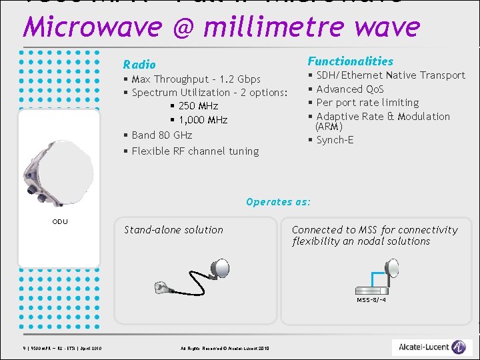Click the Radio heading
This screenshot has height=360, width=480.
(139, 65)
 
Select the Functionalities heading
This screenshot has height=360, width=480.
(350, 61)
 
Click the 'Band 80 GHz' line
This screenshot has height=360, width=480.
(161, 135)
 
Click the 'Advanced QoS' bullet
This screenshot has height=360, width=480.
(350, 89)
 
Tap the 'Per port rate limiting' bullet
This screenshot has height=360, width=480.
(367, 103)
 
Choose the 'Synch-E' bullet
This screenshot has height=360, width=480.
(335, 140)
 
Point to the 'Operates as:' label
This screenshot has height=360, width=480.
(278, 202)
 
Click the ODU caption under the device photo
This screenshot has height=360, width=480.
(59, 221)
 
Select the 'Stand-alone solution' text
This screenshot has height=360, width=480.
(173, 230)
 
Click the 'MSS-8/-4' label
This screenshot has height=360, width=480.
(371, 300)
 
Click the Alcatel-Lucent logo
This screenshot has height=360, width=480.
(432, 347)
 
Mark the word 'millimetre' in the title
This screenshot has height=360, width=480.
(266, 27)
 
